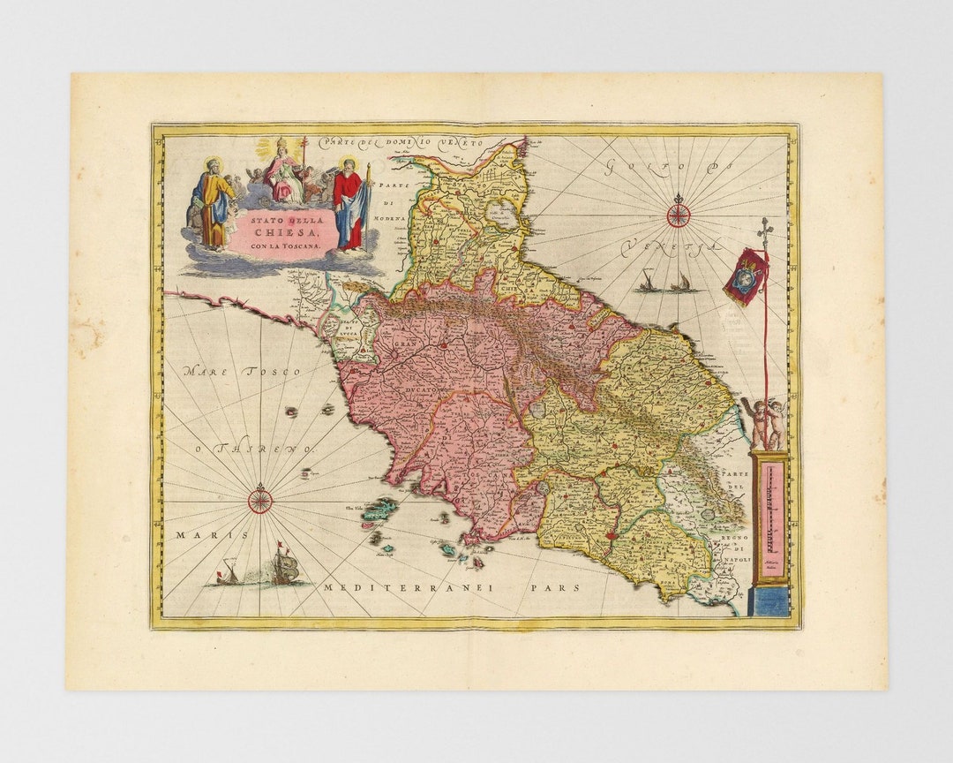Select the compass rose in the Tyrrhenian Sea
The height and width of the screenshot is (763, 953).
[x=260, y=500]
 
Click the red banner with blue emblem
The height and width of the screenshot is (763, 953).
[x=745, y=276]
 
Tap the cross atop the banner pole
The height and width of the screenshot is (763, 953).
[x=765, y=227]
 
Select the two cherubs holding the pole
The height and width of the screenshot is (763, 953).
[x=764, y=422]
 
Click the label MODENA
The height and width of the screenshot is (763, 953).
[x=389, y=217]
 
